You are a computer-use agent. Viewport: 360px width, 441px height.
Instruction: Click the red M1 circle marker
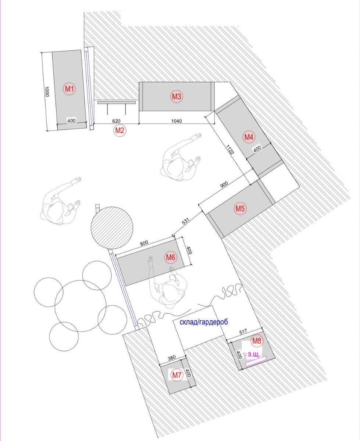(69, 89)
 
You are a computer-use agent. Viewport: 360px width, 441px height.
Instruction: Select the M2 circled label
(120, 130)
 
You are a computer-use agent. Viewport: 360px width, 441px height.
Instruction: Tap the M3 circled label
(177, 97)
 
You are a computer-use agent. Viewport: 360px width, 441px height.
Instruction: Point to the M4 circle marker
(249, 137)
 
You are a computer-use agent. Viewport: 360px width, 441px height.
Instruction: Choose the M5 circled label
(240, 208)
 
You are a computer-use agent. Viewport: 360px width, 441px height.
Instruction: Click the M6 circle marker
(171, 257)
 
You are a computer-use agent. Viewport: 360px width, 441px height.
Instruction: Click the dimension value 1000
(47, 92)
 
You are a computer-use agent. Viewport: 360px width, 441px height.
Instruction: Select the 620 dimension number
(116, 121)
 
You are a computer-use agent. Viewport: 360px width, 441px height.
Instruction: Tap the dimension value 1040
(177, 121)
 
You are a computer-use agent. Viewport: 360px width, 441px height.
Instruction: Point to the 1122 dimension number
(229, 149)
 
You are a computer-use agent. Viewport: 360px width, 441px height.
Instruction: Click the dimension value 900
(224, 184)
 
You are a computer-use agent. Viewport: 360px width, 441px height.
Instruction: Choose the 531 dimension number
(186, 221)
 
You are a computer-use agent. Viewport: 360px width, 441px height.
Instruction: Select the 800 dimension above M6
(144, 243)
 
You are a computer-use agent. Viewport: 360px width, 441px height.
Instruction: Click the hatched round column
(112, 228)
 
